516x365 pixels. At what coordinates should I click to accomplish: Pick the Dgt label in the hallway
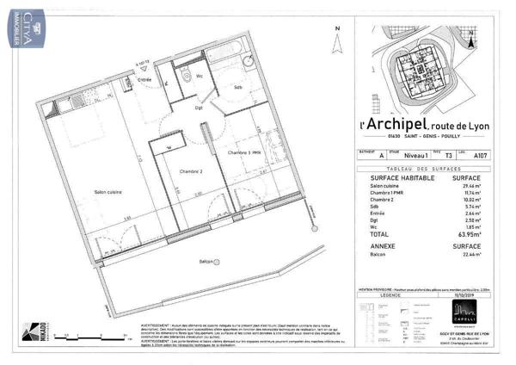(199, 108)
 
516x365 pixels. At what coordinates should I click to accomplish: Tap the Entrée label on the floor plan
(145, 79)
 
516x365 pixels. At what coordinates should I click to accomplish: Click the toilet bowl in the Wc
(187, 74)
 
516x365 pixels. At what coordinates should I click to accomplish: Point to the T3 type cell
(448, 157)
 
